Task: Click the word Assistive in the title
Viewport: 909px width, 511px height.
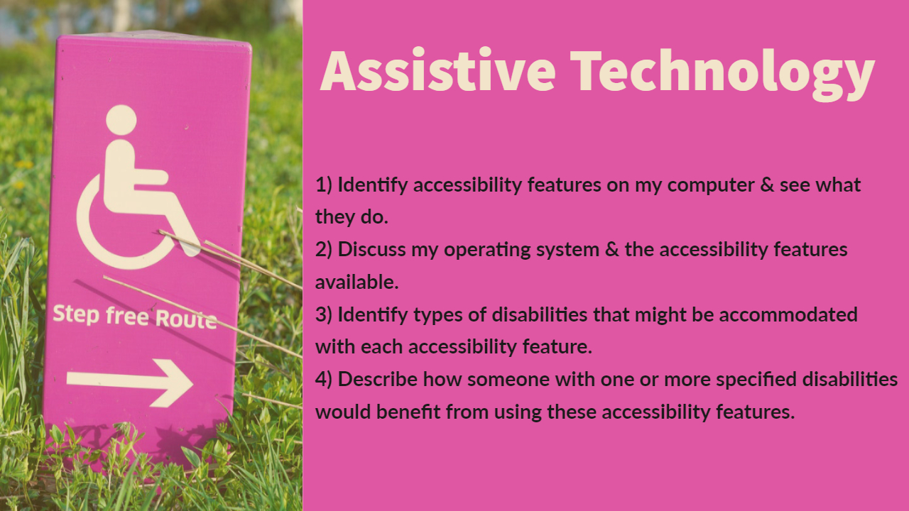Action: (437, 70)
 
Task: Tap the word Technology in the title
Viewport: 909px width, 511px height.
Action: (722, 75)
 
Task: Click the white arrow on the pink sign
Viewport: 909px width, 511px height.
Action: (129, 383)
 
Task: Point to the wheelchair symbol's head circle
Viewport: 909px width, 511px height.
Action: (121, 120)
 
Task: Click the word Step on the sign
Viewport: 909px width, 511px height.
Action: (76, 314)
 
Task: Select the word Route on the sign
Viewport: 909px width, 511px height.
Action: (186, 319)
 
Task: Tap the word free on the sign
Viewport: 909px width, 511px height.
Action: (127, 317)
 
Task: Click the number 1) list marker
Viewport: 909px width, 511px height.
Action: (324, 185)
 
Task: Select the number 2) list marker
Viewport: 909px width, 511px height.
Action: (324, 249)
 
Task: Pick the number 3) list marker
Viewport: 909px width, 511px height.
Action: (324, 314)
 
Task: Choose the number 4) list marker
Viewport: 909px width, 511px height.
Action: (324, 380)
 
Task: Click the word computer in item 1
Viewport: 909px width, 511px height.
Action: (711, 186)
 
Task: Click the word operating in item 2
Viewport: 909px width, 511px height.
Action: (487, 251)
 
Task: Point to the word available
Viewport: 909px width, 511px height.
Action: (357, 282)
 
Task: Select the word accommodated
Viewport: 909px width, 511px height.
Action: (788, 314)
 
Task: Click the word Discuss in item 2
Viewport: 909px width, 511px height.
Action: (371, 249)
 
